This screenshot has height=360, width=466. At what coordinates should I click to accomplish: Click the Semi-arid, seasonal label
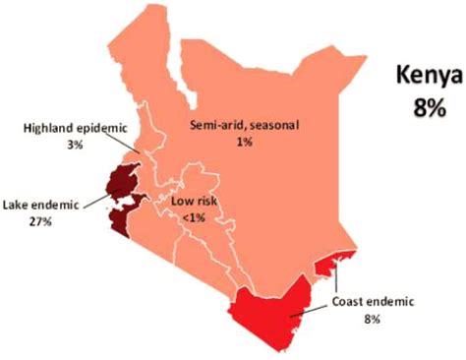coord(245,125)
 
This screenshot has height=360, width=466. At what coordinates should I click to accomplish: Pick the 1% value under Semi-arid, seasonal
coord(245,142)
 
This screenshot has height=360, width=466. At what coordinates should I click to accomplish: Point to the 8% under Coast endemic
coord(375,316)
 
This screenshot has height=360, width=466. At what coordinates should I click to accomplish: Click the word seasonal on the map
coord(272,125)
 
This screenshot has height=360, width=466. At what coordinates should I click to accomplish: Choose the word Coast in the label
coord(349,300)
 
